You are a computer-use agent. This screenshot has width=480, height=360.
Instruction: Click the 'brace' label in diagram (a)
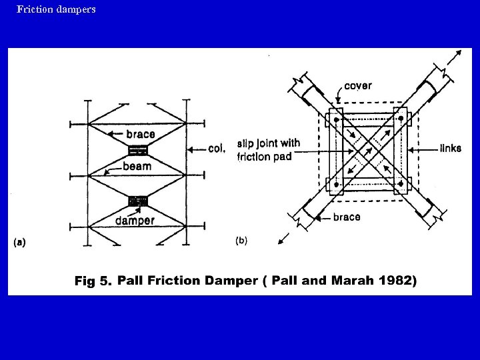[x=140, y=134]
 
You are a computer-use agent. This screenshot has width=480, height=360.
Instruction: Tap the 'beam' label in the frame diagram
[x=137, y=166]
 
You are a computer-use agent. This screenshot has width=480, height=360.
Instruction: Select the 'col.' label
[x=216, y=149]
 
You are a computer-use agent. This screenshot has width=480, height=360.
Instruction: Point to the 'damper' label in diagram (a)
[x=135, y=220]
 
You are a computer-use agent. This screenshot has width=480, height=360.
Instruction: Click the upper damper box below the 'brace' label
[x=139, y=149]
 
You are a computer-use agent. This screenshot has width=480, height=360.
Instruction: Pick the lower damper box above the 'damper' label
[x=139, y=200]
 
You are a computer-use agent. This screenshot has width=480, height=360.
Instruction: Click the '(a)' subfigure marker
[x=19, y=242]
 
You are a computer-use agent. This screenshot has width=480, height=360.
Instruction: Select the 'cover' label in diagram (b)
[x=358, y=86]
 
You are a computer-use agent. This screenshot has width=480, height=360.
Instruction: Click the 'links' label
[x=450, y=148]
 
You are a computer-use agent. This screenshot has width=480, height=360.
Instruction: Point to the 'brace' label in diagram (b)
[x=347, y=217]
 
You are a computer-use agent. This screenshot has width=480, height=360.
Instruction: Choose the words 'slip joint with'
[x=268, y=143]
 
